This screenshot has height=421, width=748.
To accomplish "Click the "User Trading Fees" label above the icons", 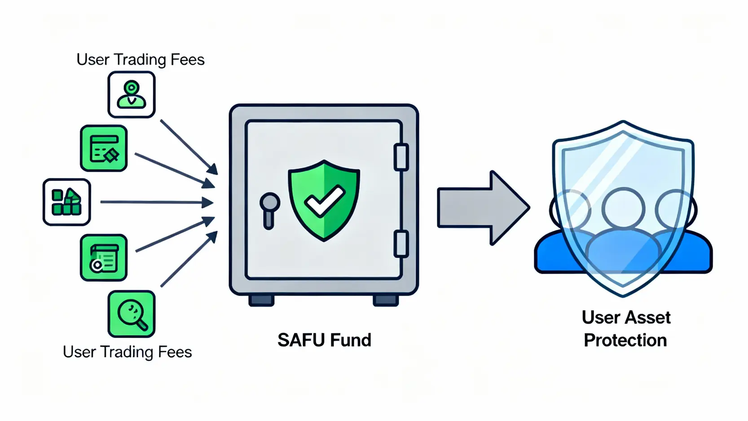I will coord(140,59).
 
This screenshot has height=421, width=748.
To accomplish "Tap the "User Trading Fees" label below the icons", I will coord(127,352).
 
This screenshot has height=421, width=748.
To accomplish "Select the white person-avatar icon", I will coord(131,95).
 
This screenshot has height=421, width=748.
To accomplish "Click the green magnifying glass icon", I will coord(131,314).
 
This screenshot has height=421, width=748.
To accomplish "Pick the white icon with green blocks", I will coord(66,202).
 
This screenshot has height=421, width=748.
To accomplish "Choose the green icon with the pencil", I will coord(104,148).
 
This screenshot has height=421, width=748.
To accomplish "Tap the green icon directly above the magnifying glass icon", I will coord(104,258).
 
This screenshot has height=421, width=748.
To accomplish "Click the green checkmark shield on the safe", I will coord(324,200).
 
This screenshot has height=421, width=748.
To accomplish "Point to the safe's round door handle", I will coord(270,204).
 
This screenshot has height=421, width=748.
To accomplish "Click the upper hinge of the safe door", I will coord(401,157).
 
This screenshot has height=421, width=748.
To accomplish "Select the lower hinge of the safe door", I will coord(401,244).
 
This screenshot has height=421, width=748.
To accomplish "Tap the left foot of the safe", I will coord(261,300).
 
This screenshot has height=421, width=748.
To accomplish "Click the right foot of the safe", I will coord(386,300).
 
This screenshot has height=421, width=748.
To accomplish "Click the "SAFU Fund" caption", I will coord(324,340).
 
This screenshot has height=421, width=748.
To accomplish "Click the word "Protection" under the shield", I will coord(625,340).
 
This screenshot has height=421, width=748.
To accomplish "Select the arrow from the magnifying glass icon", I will coord(189,259).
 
